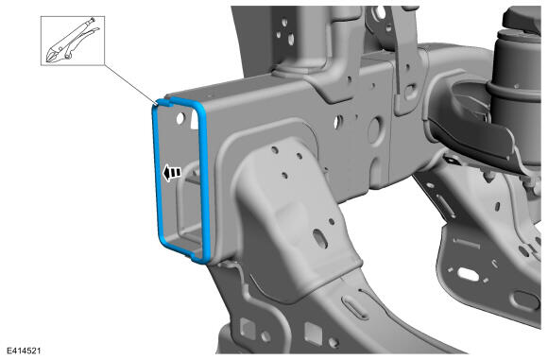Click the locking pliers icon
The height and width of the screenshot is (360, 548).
tap(72, 42)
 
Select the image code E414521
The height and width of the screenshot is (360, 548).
tap(24, 351)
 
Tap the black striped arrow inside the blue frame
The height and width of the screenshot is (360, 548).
tap(172, 172)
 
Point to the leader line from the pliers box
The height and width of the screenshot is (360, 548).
tap(131, 83)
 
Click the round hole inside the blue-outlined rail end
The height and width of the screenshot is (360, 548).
tap(180, 119)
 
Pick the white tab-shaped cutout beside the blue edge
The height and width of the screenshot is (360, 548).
tap(195, 119)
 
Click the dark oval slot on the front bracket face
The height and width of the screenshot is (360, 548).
tap(320, 239)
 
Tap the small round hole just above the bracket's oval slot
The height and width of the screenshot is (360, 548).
tap(332, 222)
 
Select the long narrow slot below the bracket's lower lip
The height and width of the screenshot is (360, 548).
tap(354, 306)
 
